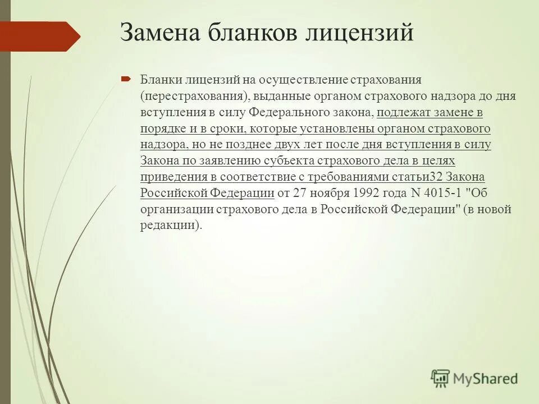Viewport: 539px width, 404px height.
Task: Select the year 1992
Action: (x=368, y=194)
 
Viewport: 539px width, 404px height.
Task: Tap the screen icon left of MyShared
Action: (x=441, y=378)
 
